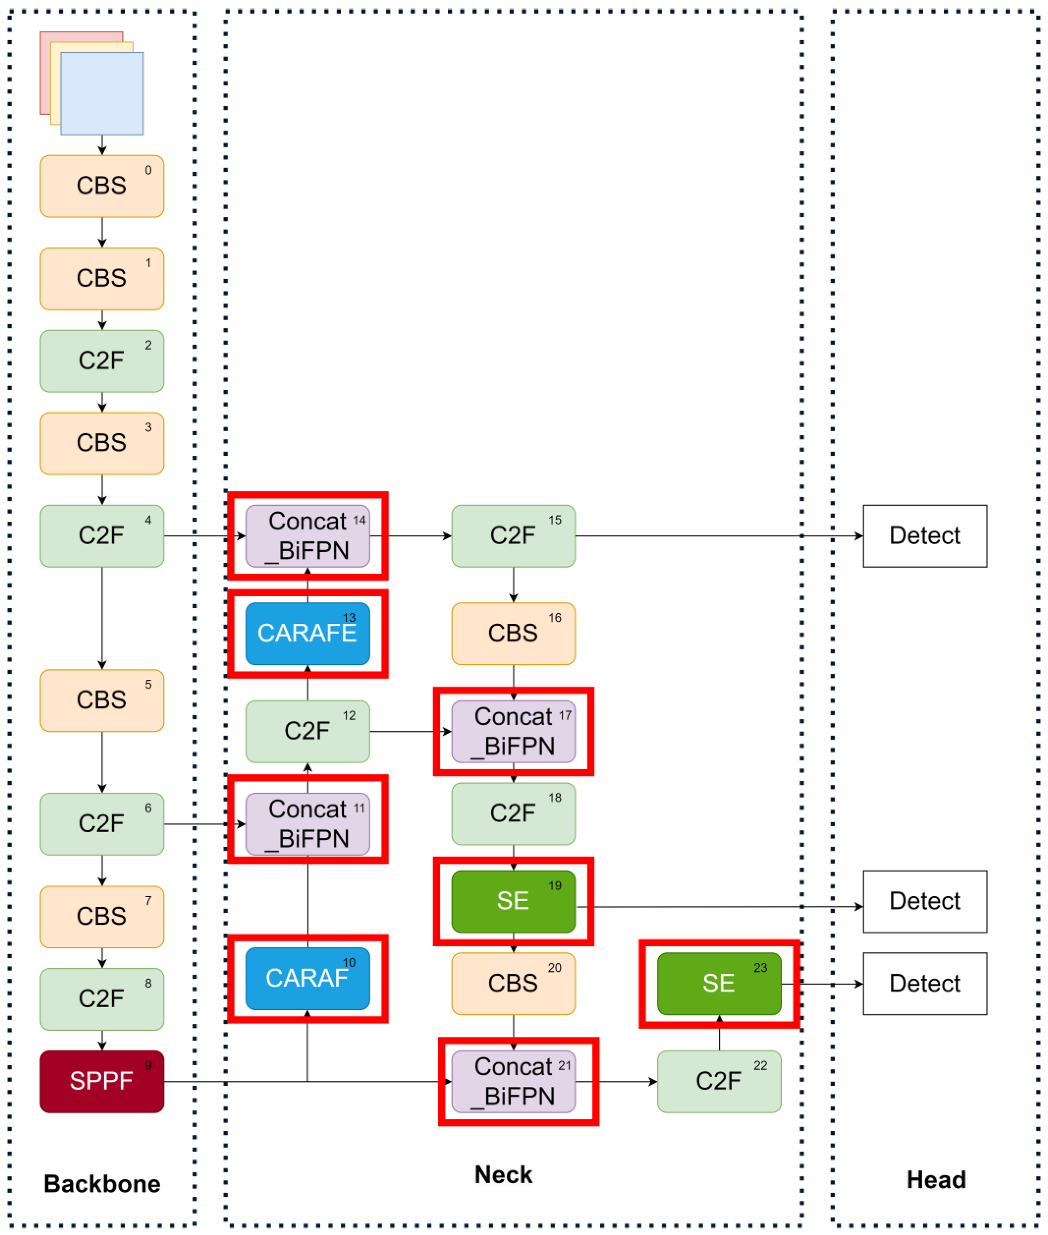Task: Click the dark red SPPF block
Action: coord(101,1081)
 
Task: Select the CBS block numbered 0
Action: coord(101,186)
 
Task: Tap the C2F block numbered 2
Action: coord(101,361)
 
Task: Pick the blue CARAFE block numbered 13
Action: coord(307,633)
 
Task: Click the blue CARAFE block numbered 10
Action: coord(307,978)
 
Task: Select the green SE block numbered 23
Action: coord(718,983)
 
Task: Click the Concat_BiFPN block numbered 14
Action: coord(307,536)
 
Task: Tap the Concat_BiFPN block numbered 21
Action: coord(513,1081)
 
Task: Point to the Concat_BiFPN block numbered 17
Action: coord(513,731)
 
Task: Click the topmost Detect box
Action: coord(924,536)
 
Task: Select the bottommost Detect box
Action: coord(924,983)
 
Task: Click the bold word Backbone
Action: coord(101,1183)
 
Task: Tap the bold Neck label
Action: coord(503,1174)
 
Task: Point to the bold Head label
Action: coord(936,1179)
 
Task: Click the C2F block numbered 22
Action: coord(718,1081)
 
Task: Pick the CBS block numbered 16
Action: coord(513,633)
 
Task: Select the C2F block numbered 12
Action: coord(307,731)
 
